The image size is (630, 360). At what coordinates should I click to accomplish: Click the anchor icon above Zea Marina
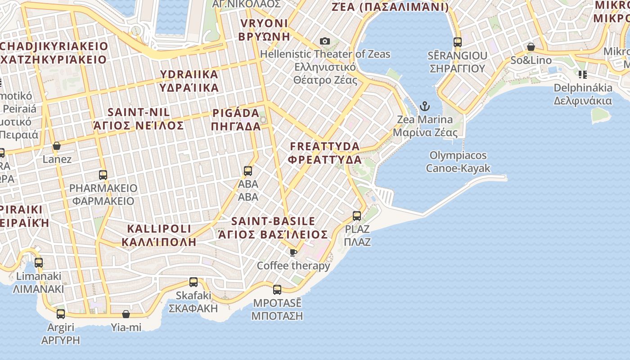[x=424, y=106]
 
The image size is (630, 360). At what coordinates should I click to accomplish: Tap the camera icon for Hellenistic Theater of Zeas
[x=324, y=41]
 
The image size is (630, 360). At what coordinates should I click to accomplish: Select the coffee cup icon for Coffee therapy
[x=293, y=252]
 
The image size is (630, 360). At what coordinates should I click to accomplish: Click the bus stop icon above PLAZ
[x=357, y=216]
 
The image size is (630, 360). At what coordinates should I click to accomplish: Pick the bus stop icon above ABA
[x=248, y=171]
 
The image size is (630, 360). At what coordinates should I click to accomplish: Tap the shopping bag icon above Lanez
[x=57, y=146]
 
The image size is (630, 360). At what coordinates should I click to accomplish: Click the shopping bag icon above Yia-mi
[x=126, y=314]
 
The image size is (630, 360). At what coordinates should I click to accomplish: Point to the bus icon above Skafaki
[x=193, y=282]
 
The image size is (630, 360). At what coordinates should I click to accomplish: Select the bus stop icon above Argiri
[x=61, y=314]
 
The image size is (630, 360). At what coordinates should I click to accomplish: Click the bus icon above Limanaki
[x=39, y=263]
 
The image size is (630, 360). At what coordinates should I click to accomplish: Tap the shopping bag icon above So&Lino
[x=531, y=47]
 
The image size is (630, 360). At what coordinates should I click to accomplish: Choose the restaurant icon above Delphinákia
[x=583, y=74]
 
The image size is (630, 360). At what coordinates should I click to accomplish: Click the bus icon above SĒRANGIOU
[x=458, y=42]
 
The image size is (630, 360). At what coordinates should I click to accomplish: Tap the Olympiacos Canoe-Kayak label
[x=458, y=162]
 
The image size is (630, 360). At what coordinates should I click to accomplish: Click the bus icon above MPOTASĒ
[x=277, y=290]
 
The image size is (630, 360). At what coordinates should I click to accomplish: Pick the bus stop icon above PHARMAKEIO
[x=103, y=175]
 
